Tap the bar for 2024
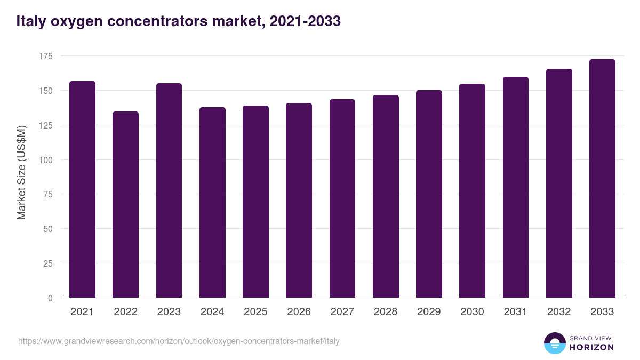[212, 203]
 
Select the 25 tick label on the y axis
[48, 263]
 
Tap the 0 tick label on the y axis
[50, 298]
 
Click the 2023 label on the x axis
[169, 312]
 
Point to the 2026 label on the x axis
[299, 312]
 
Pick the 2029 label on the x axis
[429, 312]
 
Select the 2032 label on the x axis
[558, 312]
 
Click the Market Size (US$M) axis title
[21, 172]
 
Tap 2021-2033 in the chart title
[305, 22]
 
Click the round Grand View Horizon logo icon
[554, 343]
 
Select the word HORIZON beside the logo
[591, 347]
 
